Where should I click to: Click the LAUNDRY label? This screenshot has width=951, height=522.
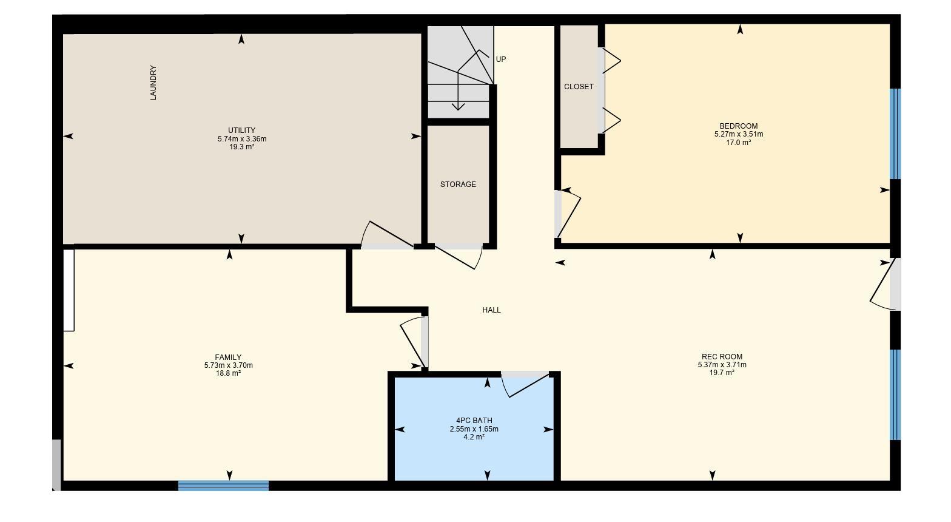[x=153, y=83]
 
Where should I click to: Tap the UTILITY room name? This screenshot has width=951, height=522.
[x=241, y=130]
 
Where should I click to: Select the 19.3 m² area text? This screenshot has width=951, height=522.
[x=241, y=147]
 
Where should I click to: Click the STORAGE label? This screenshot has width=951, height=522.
[x=458, y=185]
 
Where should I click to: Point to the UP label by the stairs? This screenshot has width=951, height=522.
[x=501, y=59]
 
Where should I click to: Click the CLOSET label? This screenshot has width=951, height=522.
[x=579, y=87]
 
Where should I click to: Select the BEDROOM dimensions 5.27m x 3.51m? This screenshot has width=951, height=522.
[x=738, y=135]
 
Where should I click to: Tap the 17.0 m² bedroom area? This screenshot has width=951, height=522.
[x=738, y=143]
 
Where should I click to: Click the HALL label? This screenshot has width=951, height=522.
[x=491, y=310]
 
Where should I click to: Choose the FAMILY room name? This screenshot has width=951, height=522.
[x=228, y=358]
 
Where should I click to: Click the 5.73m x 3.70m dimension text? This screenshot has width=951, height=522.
[x=228, y=365]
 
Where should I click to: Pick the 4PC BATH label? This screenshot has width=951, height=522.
[x=474, y=421]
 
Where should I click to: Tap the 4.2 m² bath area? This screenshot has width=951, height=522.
[x=474, y=437]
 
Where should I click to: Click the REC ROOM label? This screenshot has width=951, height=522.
[x=722, y=357]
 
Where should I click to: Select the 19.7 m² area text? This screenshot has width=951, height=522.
[x=722, y=373]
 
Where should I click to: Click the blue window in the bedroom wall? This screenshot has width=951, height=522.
[x=895, y=134]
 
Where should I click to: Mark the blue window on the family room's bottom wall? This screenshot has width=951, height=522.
[x=223, y=486]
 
